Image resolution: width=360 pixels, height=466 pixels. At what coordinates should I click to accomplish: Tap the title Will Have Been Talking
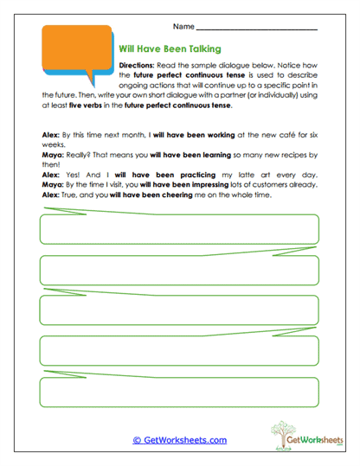click(x=170, y=49)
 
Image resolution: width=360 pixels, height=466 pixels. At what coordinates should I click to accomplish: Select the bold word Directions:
click(x=136, y=65)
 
